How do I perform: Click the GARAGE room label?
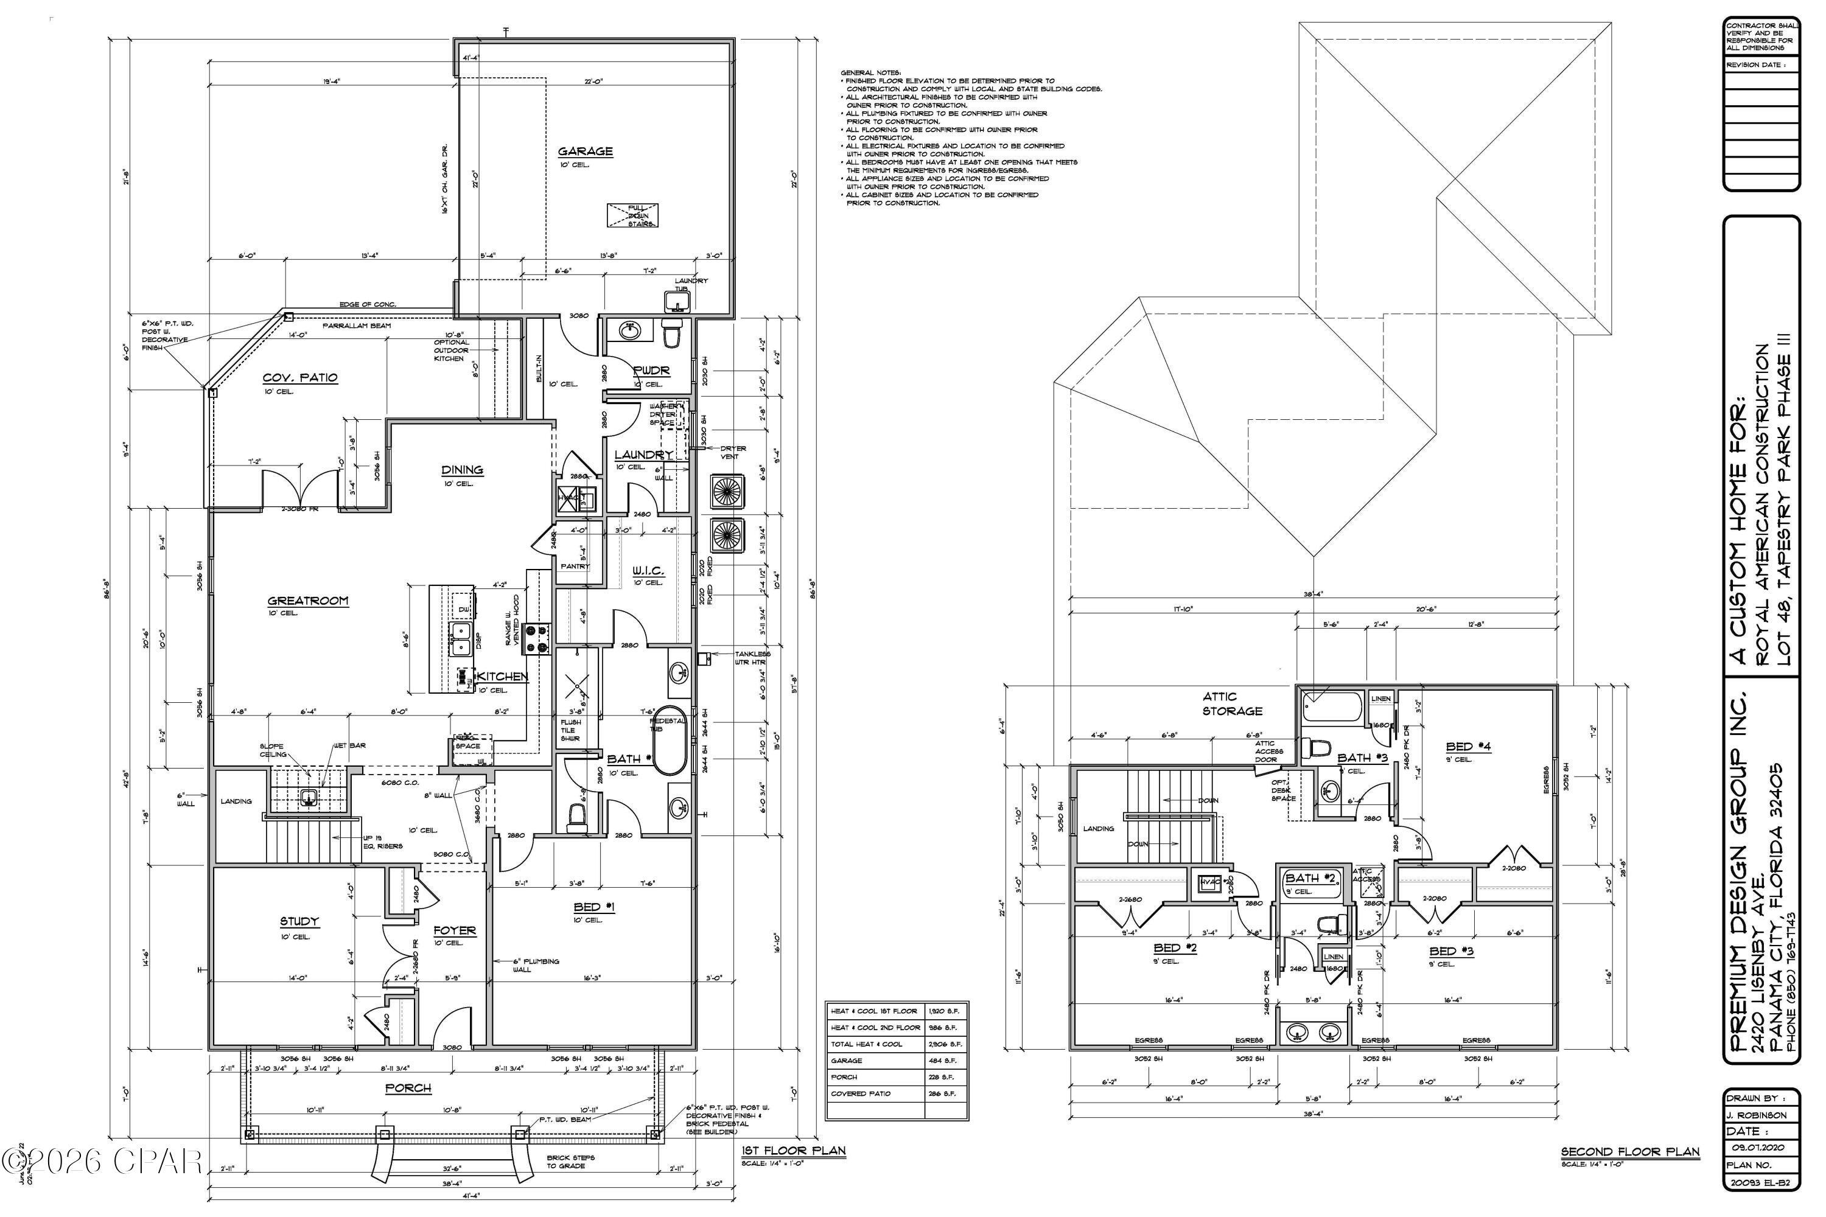(x=586, y=152)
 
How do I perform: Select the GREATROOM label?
(x=307, y=601)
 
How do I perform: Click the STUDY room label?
(x=299, y=921)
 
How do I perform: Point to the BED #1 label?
(x=594, y=907)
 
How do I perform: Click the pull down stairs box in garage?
(x=632, y=215)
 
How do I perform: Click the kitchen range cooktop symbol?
(x=536, y=637)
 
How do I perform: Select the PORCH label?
(x=408, y=1088)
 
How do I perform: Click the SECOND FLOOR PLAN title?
(x=1629, y=1152)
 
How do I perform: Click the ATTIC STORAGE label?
(x=1232, y=703)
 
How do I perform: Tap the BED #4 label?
(x=1468, y=747)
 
